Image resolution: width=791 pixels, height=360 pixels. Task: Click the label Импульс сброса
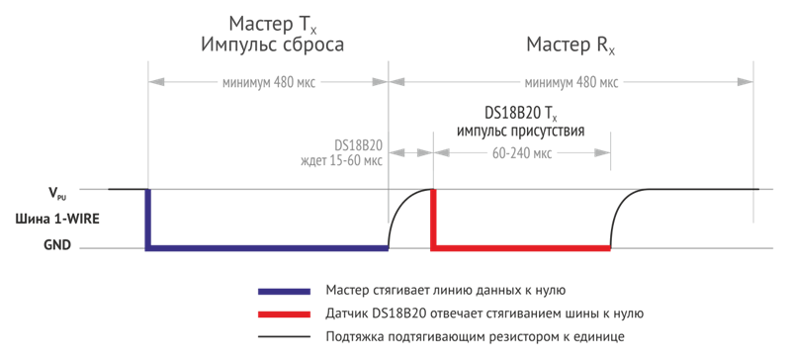(274, 45)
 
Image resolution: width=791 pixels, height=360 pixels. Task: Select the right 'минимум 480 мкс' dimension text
(574, 83)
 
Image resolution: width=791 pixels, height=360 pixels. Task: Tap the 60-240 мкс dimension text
(520, 153)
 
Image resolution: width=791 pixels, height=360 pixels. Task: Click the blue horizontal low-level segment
(267, 248)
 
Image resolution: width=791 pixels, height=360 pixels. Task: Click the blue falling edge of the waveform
(148, 219)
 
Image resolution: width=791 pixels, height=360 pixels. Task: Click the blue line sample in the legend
(284, 292)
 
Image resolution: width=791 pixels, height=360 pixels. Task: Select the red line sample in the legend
(284, 315)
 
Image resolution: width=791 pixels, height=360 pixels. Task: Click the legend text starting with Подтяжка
(474, 338)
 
